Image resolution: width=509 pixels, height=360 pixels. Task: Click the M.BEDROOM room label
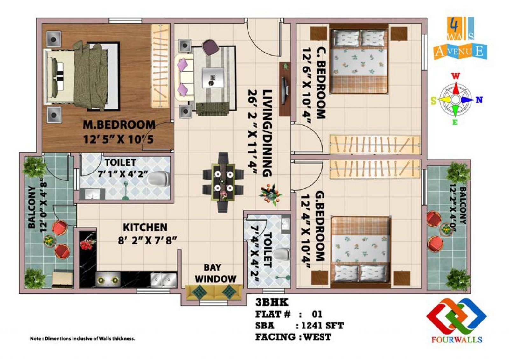click(x=119, y=124)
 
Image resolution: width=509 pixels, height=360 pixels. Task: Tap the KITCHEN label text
click(x=145, y=227)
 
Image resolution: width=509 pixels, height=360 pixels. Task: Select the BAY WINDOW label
click(x=215, y=273)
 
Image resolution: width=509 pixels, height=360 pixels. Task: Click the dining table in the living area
click(x=223, y=182)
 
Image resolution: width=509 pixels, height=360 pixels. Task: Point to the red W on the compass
click(x=456, y=76)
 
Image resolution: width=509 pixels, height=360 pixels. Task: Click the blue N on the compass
click(x=479, y=100)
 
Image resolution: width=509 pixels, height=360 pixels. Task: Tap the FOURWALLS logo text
click(x=457, y=339)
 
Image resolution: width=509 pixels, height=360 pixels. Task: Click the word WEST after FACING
click(x=317, y=337)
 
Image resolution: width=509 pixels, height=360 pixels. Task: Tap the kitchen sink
click(x=164, y=279)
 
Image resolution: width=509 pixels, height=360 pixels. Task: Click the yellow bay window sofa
click(x=214, y=292)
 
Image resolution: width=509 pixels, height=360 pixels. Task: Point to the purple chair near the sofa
click(x=210, y=47)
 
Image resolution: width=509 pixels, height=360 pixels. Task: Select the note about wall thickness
click(x=82, y=339)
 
